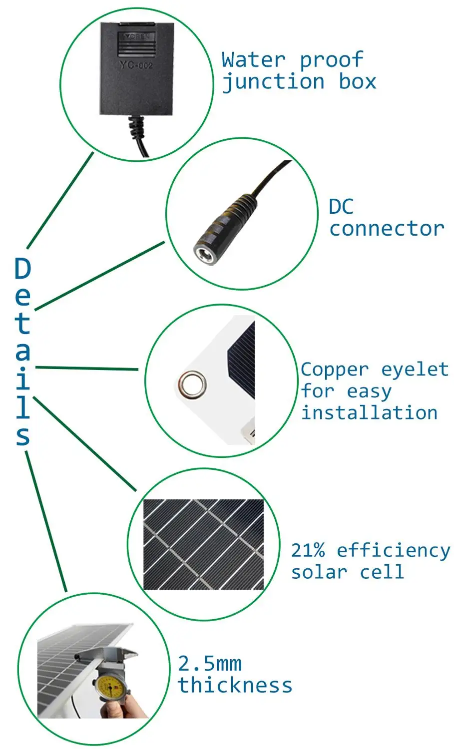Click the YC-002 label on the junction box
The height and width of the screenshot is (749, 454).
[136, 64]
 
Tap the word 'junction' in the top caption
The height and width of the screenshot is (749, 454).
[273, 82]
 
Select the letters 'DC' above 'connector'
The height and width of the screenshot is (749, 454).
[341, 207]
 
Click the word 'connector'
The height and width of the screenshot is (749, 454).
[387, 229]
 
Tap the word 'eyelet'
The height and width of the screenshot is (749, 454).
[415, 370]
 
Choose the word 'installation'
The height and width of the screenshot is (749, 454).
[370, 412]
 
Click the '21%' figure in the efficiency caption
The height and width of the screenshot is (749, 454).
[308, 550]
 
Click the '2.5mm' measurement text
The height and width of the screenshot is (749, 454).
[210, 664]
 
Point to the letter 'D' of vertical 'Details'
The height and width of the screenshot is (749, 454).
[23, 268]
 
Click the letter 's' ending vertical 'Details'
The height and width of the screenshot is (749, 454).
[23, 435]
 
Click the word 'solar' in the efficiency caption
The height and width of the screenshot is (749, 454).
[319, 572]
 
